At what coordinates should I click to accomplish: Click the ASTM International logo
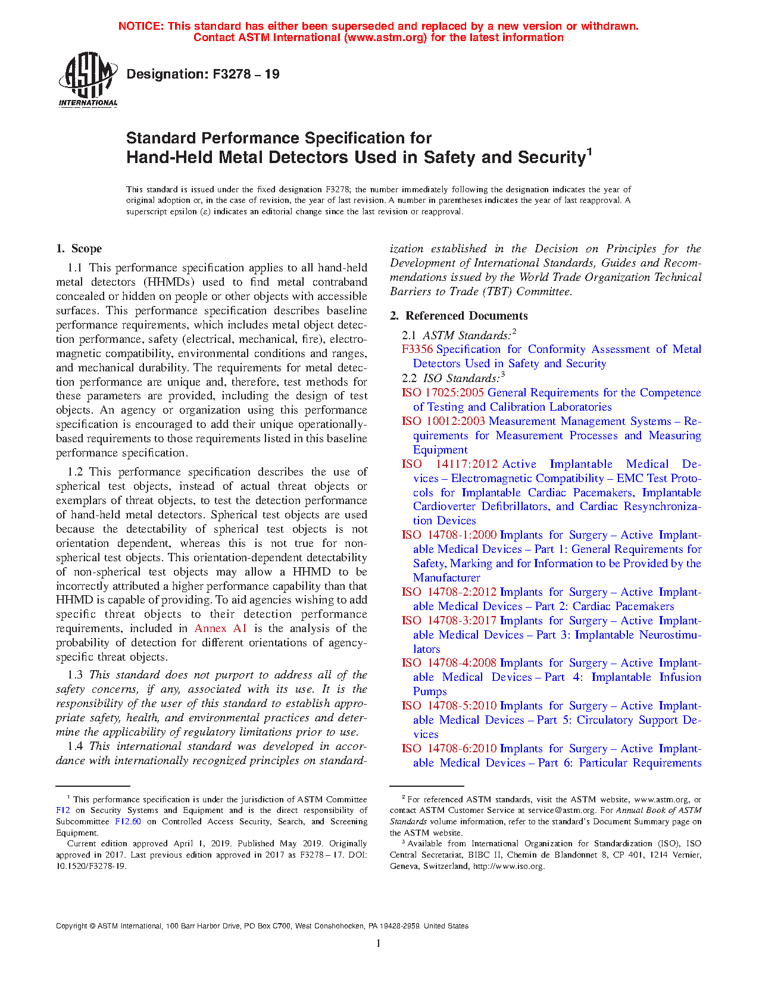(x=88, y=79)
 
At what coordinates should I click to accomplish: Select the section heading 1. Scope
(x=79, y=249)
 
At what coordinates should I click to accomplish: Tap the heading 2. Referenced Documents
(x=458, y=316)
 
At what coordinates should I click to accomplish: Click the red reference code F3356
(x=417, y=349)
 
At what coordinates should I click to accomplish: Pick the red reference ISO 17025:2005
(x=443, y=393)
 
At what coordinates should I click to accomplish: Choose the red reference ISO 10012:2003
(x=443, y=421)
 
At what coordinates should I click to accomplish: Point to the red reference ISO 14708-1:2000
(x=449, y=535)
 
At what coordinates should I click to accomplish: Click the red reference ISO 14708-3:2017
(x=449, y=621)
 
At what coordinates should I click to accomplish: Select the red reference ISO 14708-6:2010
(x=449, y=749)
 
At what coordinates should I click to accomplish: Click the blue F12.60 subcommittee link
(x=128, y=822)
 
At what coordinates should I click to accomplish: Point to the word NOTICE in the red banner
(x=140, y=26)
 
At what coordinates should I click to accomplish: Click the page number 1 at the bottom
(x=379, y=943)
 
